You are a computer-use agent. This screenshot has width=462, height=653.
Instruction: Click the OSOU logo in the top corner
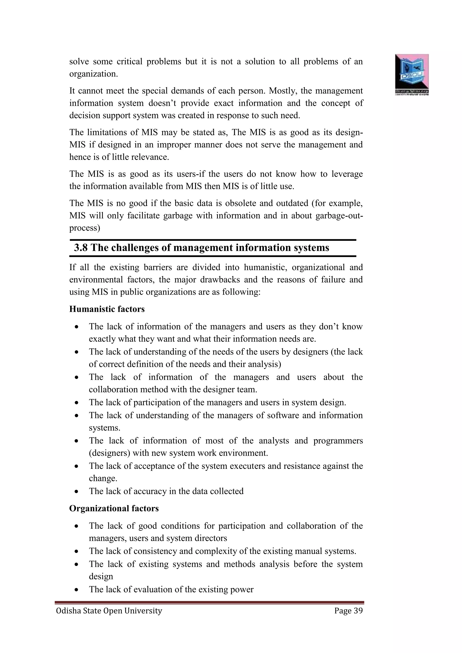[x=412, y=74]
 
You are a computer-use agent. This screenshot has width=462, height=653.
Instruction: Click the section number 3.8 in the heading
[x=81, y=248]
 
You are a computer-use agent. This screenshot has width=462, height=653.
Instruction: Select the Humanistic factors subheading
[x=107, y=309]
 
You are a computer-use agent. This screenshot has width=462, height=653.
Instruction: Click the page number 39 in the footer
[x=358, y=611]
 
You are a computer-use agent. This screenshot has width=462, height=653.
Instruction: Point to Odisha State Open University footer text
[x=109, y=611]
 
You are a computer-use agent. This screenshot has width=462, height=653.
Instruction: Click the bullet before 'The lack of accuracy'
[x=76, y=492]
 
